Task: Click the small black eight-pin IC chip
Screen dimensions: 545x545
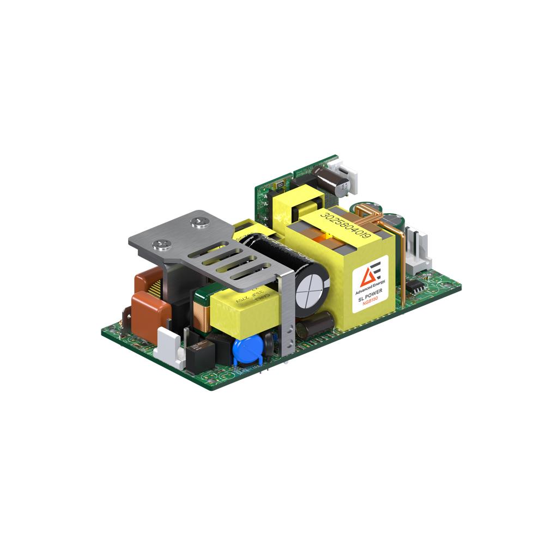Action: pyautogui.click(x=416, y=288)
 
